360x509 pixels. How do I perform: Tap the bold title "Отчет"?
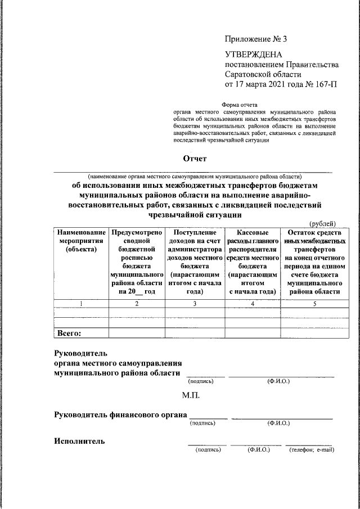[x=195, y=160]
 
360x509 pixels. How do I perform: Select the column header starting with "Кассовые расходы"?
[x=252, y=262]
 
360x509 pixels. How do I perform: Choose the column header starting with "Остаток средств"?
[x=314, y=262]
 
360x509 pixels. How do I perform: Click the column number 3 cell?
[x=194, y=304]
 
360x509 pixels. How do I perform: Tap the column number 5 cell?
[x=314, y=304]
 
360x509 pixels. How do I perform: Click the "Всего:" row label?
[x=69, y=333]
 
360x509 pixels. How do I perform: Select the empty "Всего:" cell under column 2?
[x=137, y=333]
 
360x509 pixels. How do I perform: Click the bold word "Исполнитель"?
[x=79, y=441]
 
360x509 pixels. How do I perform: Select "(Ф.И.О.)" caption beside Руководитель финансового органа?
[x=279, y=423]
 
